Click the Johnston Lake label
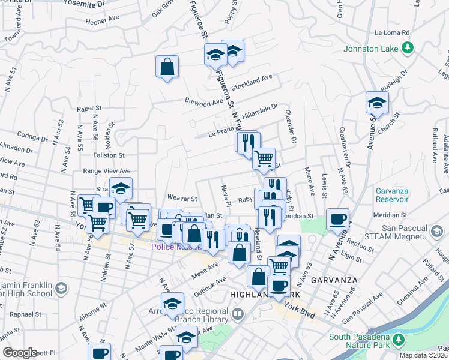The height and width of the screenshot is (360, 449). [371, 48]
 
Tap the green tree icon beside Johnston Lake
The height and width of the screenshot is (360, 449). [408, 48]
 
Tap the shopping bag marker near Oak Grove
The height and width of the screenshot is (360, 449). [167, 67]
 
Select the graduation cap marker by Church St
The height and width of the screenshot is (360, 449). [376, 103]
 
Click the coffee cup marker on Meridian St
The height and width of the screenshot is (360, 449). [338, 220]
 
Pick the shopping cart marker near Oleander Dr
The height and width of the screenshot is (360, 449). [264, 159]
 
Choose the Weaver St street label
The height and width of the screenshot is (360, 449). [182, 198]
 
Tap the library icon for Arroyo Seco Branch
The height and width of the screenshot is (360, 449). [238, 314]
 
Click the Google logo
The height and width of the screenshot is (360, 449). [20, 353]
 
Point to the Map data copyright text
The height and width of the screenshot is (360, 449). [424, 355]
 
